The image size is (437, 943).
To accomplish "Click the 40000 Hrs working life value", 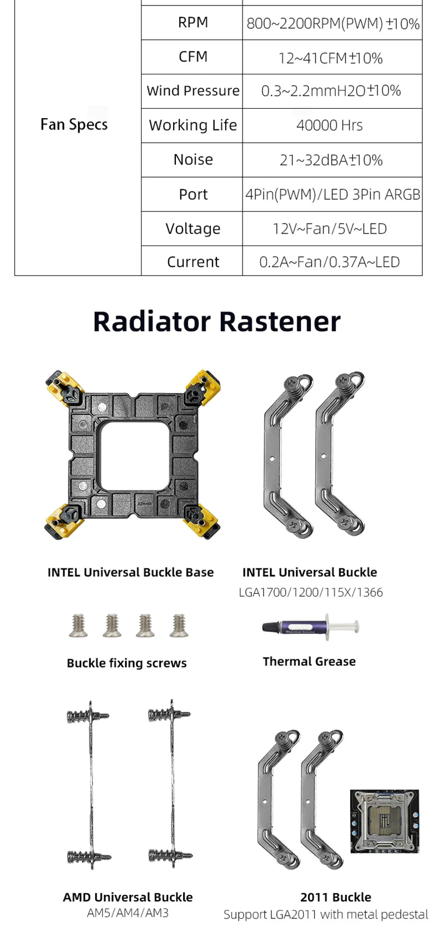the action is point(329,125).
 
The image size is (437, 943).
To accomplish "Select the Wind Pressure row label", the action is point(193,91).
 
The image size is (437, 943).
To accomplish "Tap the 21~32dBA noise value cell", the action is point(331,160).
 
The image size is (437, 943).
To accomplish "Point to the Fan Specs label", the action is point(74,125).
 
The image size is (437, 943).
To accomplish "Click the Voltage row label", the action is point(193,229).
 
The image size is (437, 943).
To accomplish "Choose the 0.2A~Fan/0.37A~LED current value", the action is point(329,262).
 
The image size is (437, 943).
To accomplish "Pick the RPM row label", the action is point(193,22).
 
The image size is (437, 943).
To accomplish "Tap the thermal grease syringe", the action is point(310,626).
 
